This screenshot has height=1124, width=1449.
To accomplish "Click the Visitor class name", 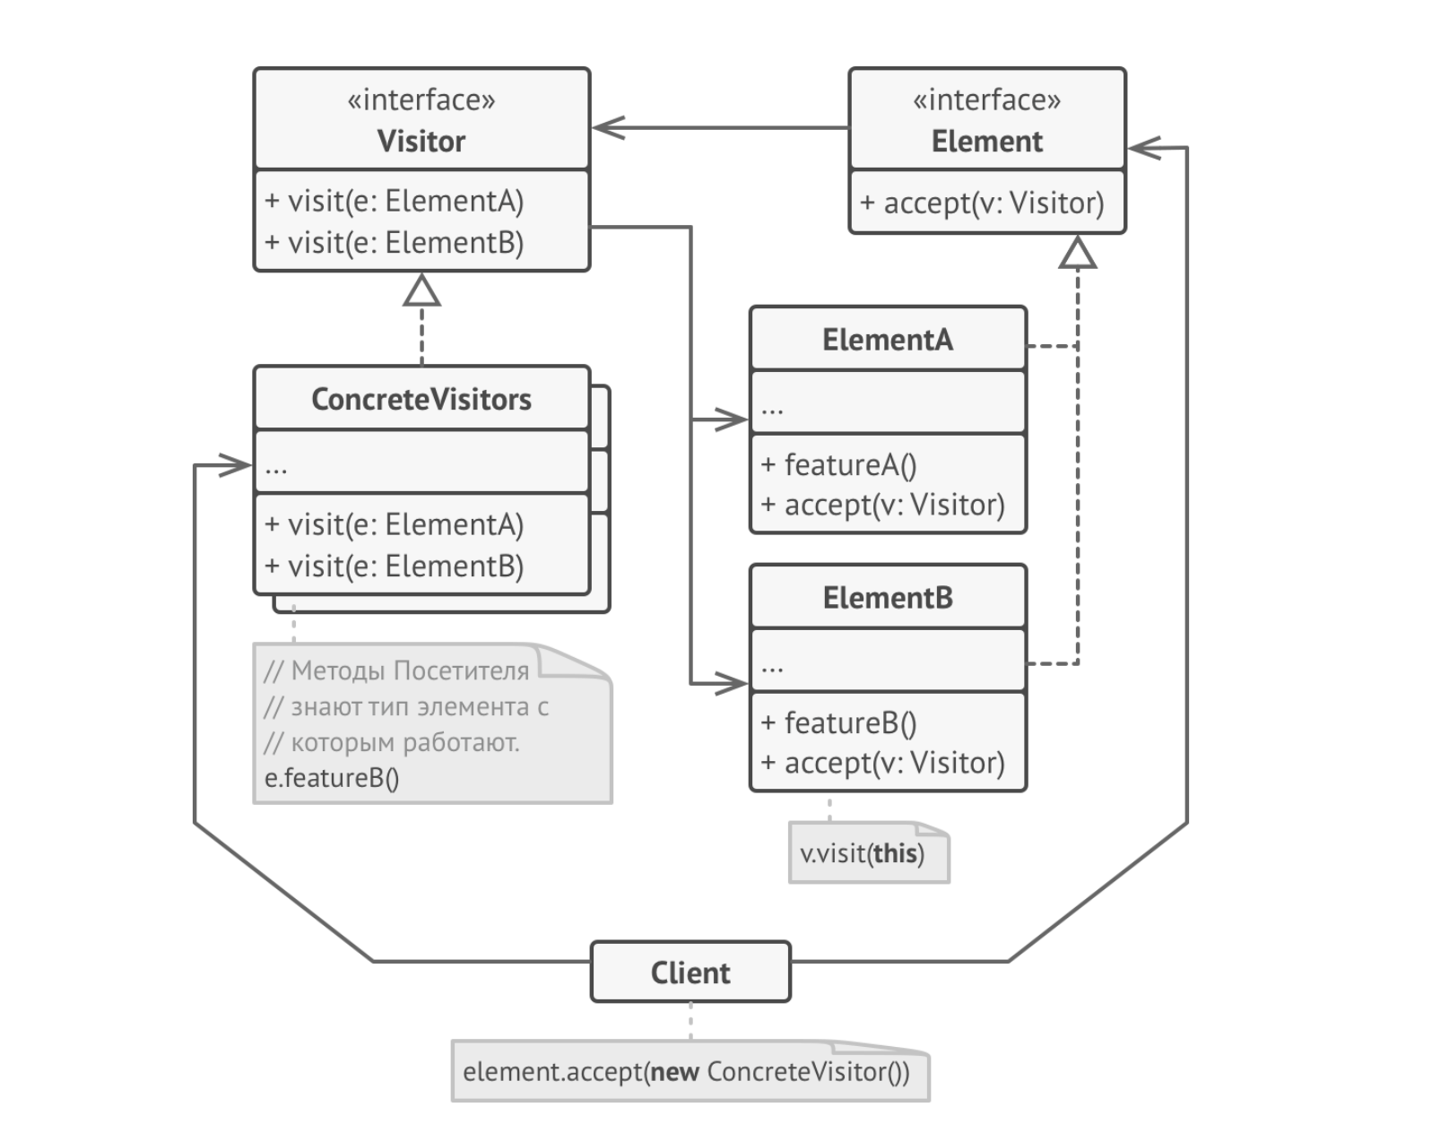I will [x=421, y=142].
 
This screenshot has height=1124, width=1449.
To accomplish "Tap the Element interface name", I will [x=986, y=142].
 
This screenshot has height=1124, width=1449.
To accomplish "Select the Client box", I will [x=690, y=973].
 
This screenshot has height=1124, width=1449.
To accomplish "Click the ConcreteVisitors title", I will [x=421, y=399].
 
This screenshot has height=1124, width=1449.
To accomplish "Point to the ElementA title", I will [x=887, y=340].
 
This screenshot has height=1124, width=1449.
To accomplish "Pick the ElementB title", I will [x=887, y=598].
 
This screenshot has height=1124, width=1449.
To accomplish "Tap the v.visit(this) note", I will [x=862, y=853].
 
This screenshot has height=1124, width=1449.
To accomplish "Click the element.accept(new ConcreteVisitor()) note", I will [x=686, y=1072].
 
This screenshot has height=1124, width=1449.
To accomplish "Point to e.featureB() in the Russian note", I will [x=332, y=778].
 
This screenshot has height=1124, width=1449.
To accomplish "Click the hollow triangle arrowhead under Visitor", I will [x=421, y=290].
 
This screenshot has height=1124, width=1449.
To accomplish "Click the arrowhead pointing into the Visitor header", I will [x=608, y=128].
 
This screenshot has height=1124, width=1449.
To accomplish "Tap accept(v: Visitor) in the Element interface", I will [x=993, y=203].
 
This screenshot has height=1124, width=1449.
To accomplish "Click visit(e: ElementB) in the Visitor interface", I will [x=404, y=243].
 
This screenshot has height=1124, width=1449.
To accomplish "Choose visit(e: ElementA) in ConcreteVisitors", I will [x=404, y=524].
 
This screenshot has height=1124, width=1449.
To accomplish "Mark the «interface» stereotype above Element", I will [x=986, y=99].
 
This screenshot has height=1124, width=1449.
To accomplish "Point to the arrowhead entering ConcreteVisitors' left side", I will [x=236, y=465].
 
